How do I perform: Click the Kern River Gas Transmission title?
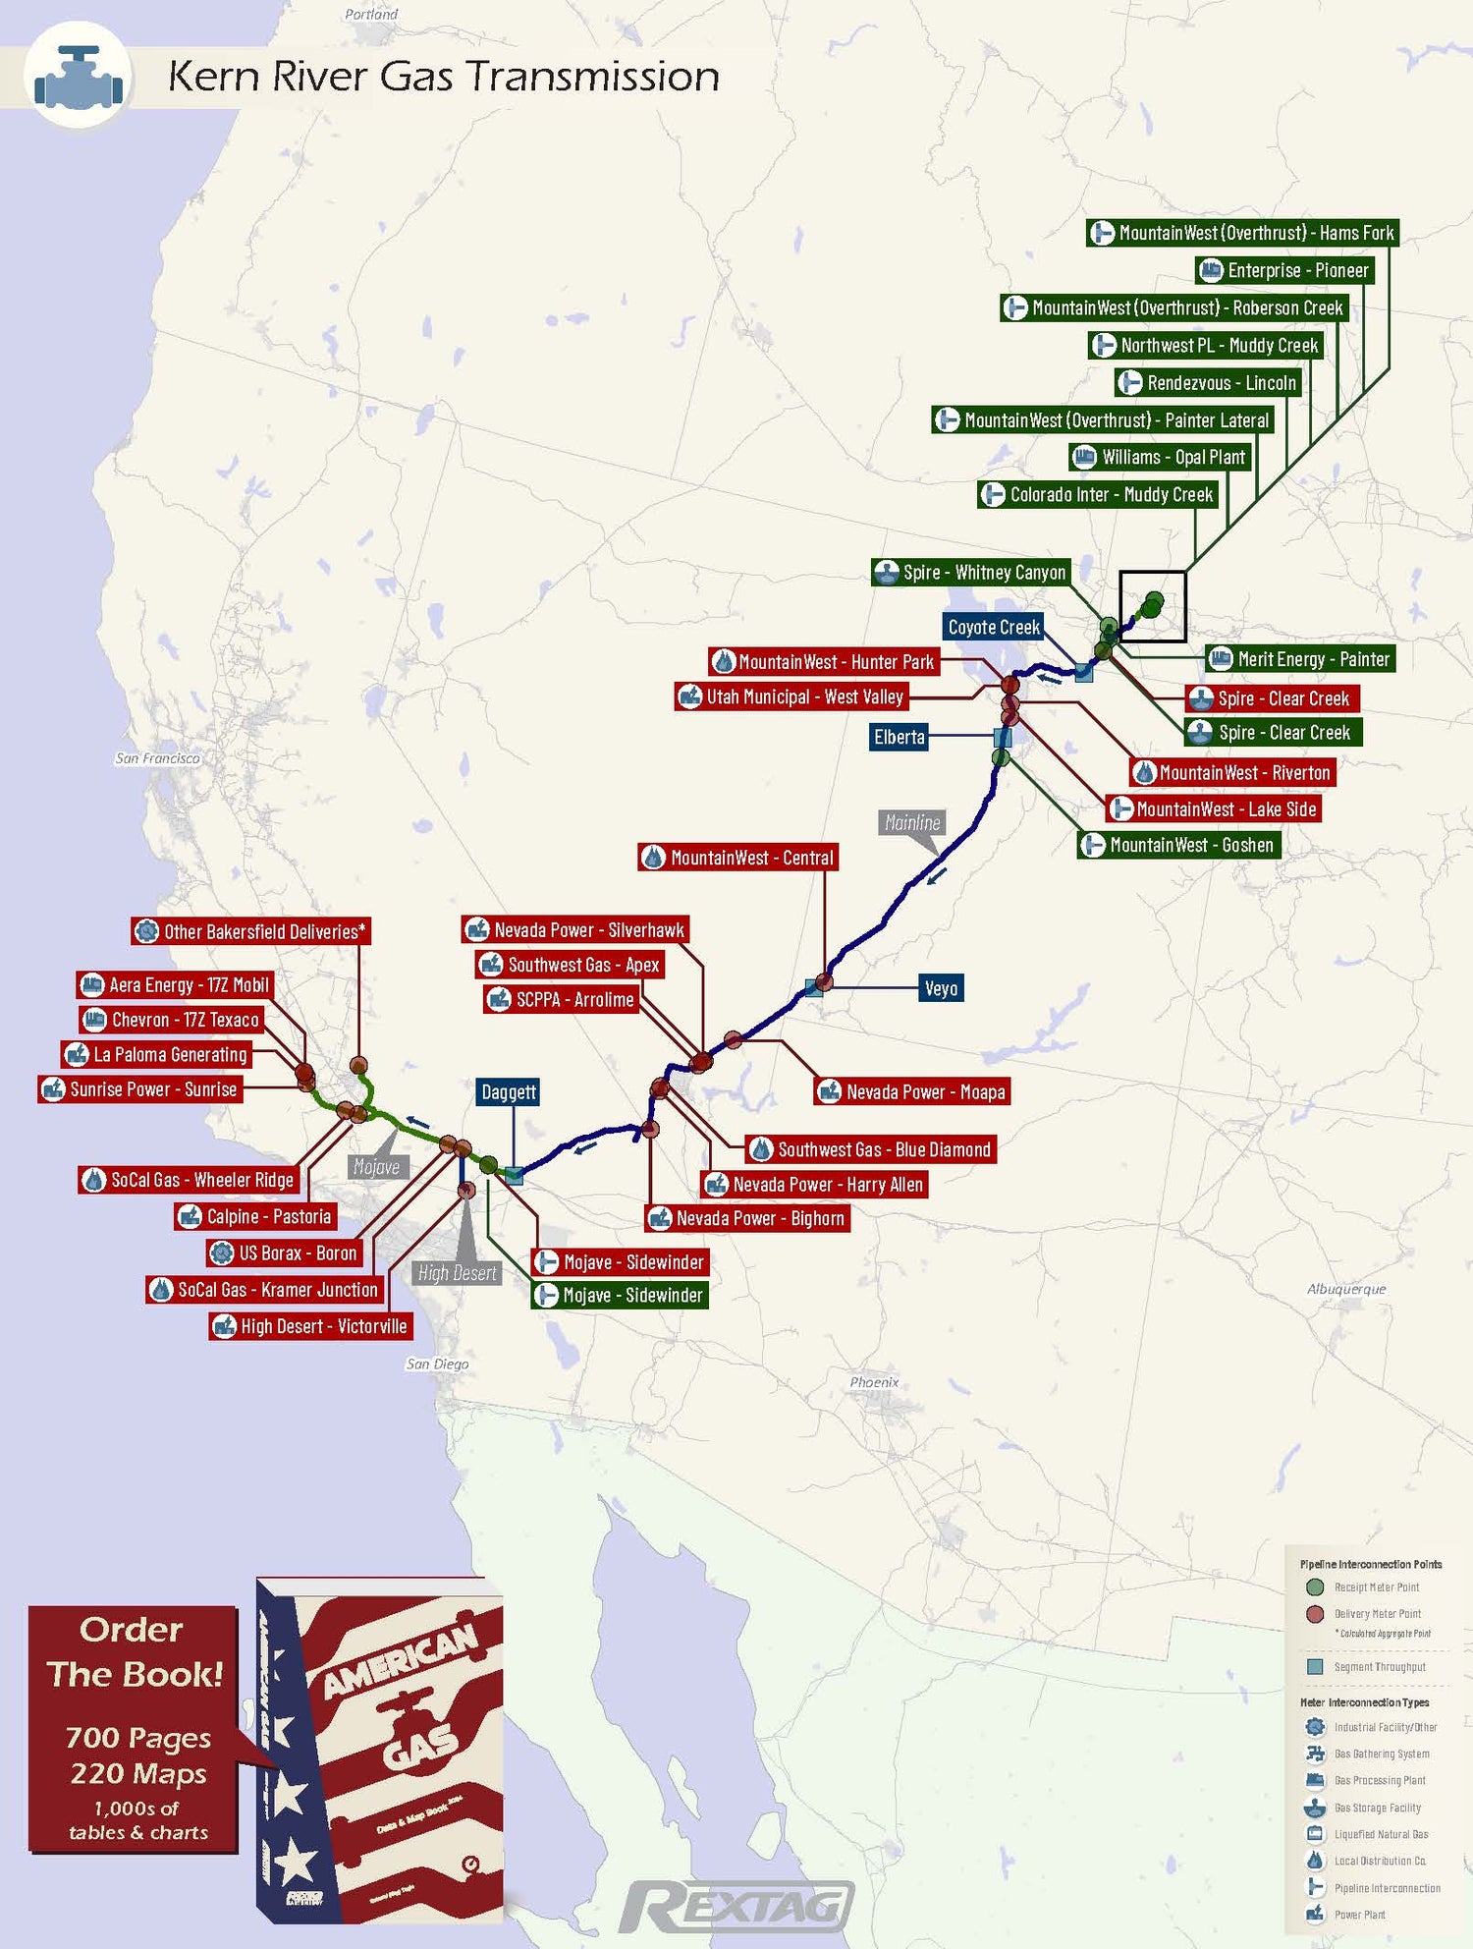(443, 77)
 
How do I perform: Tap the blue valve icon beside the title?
(78, 78)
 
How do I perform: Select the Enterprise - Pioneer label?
(1284, 270)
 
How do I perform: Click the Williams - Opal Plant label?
(1160, 457)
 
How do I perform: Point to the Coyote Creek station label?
(993, 627)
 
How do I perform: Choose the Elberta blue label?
(899, 737)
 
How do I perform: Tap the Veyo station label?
(940, 988)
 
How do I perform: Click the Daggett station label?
(508, 1091)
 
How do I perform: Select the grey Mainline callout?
(911, 822)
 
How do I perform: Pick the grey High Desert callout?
(457, 1273)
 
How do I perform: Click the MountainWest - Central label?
(738, 858)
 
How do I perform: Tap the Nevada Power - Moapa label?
(912, 1091)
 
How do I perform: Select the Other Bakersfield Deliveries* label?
(251, 931)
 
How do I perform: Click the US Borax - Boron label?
(285, 1253)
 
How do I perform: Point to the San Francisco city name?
(157, 758)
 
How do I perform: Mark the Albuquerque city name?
(1345, 1289)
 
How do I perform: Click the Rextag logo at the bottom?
(736, 1907)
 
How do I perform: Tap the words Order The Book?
(134, 1652)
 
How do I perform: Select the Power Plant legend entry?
(1359, 1915)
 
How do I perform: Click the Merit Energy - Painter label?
(1301, 659)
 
